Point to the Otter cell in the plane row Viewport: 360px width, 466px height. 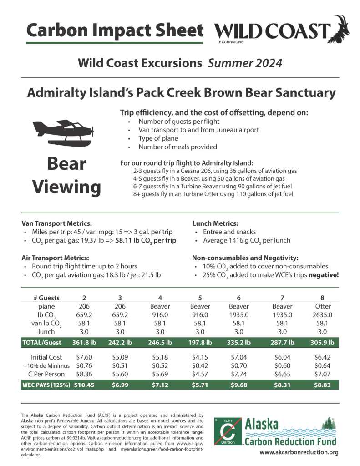click(x=324, y=306)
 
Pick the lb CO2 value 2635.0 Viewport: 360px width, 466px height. click(x=324, y=314)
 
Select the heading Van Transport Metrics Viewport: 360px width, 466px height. click(x=57, y=223)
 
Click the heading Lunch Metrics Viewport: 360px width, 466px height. click(x=215, y=223)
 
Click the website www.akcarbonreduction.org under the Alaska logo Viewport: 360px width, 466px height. click(x=299, y=452)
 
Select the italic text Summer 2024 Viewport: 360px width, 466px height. click(x=245, y=62)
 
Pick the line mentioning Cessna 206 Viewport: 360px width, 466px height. click(x=215, y=171)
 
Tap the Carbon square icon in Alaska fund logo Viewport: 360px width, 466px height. click(x=228, y=430)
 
